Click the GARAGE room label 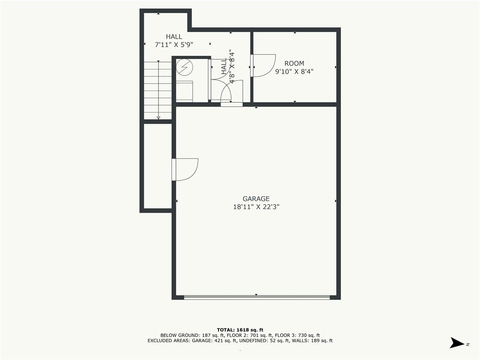click(256, 199)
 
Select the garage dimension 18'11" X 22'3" click(256, 206)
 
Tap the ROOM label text click(294, 64)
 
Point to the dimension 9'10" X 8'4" click(294, 72)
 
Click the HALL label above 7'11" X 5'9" click(174, 37)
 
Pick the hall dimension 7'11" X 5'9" click(174, 45)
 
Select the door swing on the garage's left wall click(186, 169)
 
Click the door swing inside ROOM click(264, 65)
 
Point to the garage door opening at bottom click(256, 297)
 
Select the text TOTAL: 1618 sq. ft click(240, 330)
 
